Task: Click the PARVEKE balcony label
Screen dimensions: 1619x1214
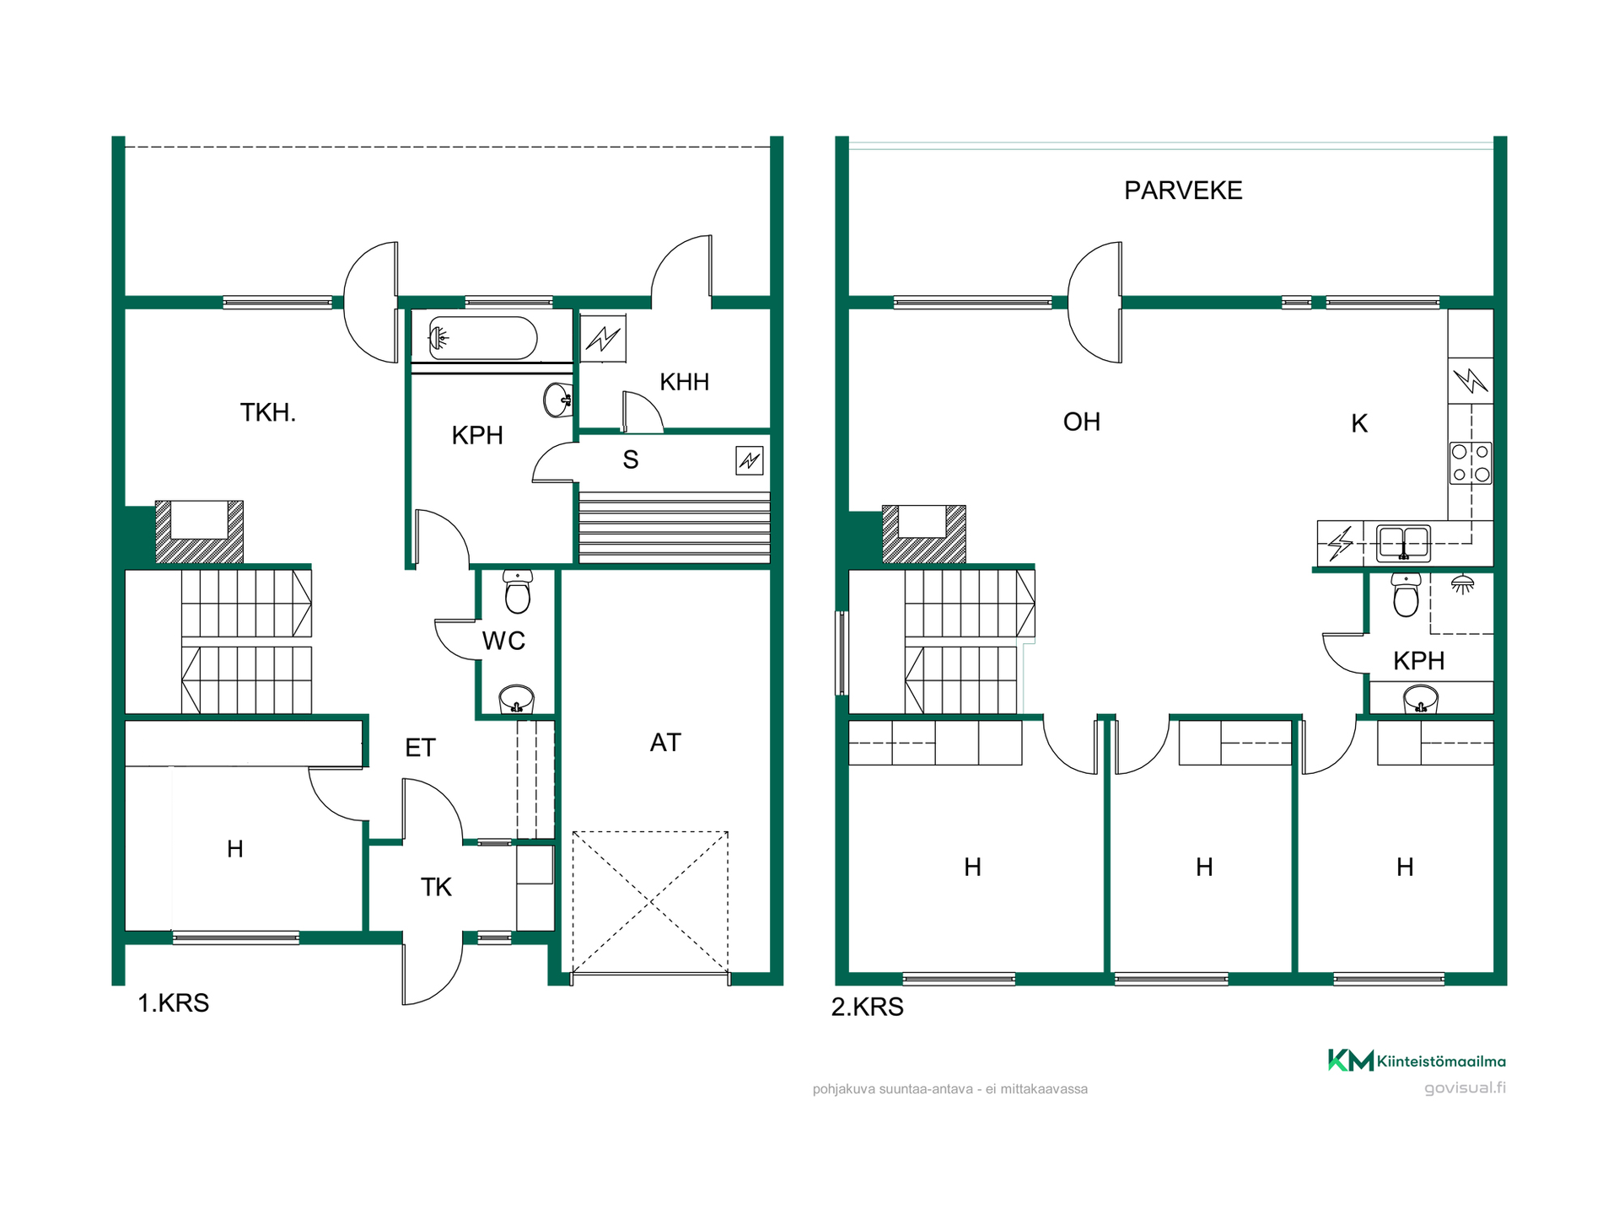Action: pyautogui.click(x=1183, y=191)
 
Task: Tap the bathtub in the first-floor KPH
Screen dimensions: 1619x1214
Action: pyautogui.click(x=482, y=338)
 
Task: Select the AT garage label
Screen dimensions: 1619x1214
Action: pyautogui.click(x=665, y=743)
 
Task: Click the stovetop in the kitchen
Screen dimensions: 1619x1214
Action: pyautogui.click(x=1471, y=463)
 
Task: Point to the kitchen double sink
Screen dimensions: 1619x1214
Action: pyautogui.click(x=1403, y=543)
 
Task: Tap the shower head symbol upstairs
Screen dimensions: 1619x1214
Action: pyautogui.click(x=1463, y=583)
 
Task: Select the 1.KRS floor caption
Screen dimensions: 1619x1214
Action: pyautogui.click(x=174, y=1003)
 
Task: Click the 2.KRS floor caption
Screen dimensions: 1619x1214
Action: pyautogui.click(x=868, y=1007)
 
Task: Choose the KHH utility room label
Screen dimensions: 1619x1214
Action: pyautogui.click(x=684, y=382)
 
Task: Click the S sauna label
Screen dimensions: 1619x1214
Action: pyautogui.click(x=631, y=459)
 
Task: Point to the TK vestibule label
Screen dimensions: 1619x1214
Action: pyautogui.click(x=436, y=887)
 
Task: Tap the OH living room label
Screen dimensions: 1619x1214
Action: pyautogui.click(x=1082, y=422)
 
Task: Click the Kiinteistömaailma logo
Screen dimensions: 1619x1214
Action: pyautogui.click(x=1417, y=1061)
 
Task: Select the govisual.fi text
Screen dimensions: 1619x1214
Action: pyautogui.click(x=1465, y=1088)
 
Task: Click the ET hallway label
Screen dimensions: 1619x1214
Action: pyautogui.click(x=420, y=748)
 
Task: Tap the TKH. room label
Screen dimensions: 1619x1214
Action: pyautogui.click(x=268, y=412)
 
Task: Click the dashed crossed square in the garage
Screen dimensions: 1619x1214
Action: pyautogui.click(x=650, y=902)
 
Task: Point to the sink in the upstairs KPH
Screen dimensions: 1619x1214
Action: pyautogui.click(x=1421, y=700)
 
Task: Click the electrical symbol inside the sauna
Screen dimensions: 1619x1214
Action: pyautogui.click(x=750, y=460)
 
